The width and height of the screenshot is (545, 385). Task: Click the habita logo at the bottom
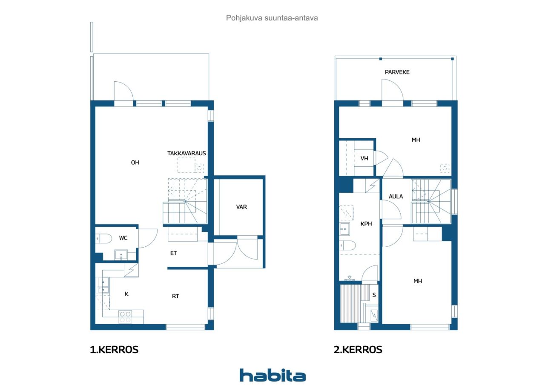[272, 376]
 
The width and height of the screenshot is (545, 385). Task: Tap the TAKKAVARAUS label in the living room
[186, 154]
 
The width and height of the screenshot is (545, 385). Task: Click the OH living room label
[135, 163]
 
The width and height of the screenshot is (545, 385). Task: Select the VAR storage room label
[241, 207]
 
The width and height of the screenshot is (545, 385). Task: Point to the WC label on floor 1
[123, 238]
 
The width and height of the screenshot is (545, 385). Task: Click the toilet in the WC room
[103, 238]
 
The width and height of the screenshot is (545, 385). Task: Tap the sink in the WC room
[121, 255]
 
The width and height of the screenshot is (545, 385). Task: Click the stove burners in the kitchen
[125, 317]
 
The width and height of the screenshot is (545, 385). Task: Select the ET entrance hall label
[173, 253]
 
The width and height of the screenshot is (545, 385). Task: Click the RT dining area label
[175, 296]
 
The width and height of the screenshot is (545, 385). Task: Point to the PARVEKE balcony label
[397, 72]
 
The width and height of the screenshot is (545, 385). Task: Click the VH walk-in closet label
[364, 159]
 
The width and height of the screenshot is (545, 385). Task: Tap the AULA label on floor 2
[396, 197]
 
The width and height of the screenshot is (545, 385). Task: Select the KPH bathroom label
[366, 224]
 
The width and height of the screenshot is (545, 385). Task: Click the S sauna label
[374, 295]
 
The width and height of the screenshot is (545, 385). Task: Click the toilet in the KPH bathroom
[347, 245]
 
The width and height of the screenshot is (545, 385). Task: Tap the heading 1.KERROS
[114, 350]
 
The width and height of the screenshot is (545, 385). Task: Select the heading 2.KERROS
[358, 350]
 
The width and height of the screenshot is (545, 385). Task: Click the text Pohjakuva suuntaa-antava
[272, 18]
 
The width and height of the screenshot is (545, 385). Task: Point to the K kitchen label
[126, 294]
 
